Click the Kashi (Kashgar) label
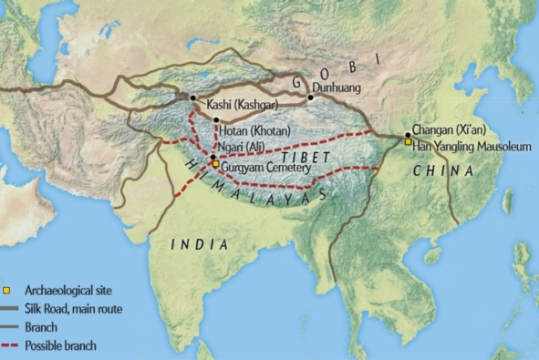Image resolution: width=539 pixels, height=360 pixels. click(236, 103)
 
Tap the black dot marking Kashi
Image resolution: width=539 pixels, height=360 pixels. click(192, 98)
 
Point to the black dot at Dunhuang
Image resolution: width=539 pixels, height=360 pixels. click(311, 97)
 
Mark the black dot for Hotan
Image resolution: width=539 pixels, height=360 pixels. click(215, 119)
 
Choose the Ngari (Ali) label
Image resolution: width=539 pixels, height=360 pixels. click(246, 156)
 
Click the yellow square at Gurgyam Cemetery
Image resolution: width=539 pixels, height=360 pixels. click(215, 164)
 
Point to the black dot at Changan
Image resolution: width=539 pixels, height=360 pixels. click(407, 134)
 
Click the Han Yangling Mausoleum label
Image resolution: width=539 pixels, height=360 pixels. click(472, 144)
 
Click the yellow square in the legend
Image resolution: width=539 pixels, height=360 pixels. click(7, 292)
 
